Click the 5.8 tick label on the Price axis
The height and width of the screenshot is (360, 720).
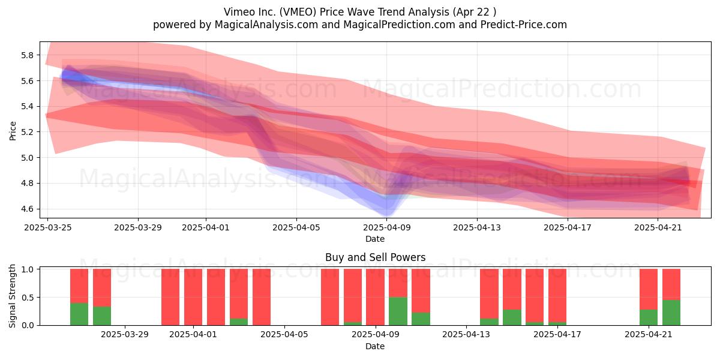pyautogui.click(x=27, y=55)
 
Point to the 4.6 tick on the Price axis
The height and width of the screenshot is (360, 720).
pyautogui.click(x=27, y=209)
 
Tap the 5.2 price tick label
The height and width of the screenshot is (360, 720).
pyautogui.click(x=27, y=132)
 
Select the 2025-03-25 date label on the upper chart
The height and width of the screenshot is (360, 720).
pyautogui.click(x=48, y=227)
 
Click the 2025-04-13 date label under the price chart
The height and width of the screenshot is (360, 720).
pyautogui.click(x=477, y=227)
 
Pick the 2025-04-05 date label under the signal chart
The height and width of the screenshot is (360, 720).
pyautogui.click(x=284, y=335)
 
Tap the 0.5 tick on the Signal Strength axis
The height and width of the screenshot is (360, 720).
pyautogui.click(x=28, y=298)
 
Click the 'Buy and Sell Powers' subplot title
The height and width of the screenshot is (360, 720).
pyautogui.click(x=375, y=257)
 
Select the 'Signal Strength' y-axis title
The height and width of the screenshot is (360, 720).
pyautogui.click(x=12, y=296)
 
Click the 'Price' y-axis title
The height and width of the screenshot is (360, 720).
pyautogui.click(x=13, y=131)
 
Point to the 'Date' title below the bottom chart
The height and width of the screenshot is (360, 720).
pyautogui.click(x=375, y=347)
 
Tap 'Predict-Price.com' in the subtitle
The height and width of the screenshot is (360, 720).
pyautogui.click(x=524, y=25)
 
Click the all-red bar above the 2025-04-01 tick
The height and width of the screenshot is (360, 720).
pyautogui.click(x=193, y=297)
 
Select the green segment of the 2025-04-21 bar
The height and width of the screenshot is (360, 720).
pyautogui.click(x=649, y=317)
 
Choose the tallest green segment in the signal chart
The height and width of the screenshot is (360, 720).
pyautogui.click(x=398, y=311)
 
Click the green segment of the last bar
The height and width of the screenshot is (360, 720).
pyautogui.click(x=671, y=313)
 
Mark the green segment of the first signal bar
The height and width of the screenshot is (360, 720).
pyautogui.click(x=79, y=314)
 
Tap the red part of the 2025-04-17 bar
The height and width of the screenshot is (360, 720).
pyautogui.click(x=557, y=296)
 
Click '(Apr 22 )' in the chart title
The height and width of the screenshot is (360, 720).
pyautogui.click(x=474, y=12)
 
